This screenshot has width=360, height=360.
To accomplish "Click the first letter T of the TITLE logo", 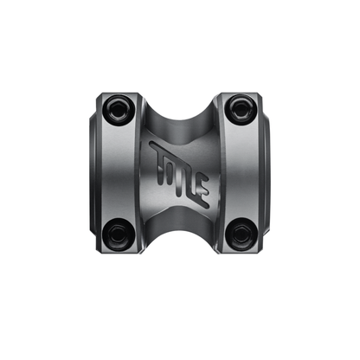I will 157,155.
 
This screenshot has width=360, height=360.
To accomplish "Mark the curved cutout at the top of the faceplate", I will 180,97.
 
